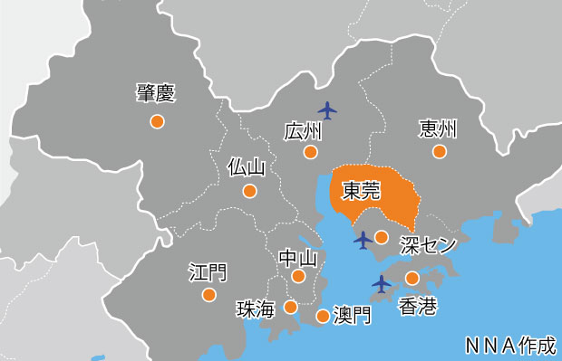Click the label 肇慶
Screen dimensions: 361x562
pyautogui.click(x=156, y=92)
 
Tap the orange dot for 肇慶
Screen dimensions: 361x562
pyautogui.click(x=157, y=120)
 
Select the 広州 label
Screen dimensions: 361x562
pyautogui.click(x=303, y=130)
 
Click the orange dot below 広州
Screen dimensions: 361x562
pyautogui.click(x=312, y=152)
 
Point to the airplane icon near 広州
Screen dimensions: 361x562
pyautogui.click(x=328, y=110)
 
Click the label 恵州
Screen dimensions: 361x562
pyautogui.click(x=438, y=129)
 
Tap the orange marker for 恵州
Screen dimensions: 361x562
pyautogui.click(x=440, y=151)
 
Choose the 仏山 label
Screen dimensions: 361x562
pyautogui.click(x=247, y=167)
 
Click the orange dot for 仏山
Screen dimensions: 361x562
pyautogui.click(x=249, y=191)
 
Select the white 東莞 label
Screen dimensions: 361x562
pyautogui.click(x=361, y=190)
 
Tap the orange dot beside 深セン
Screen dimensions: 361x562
pyautogui.click(x=382, y=238)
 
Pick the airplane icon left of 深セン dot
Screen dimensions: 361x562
pyautogui.click(x=363, y=240)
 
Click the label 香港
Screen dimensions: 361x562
pyautogui.click(x=418, y=307)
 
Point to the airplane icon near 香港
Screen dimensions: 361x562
pyautogui.click(x=382, y=283)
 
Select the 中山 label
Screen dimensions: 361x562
pyautogui.click(x=298, y=258)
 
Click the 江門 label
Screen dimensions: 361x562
pyautogui.click(x=208, y=271)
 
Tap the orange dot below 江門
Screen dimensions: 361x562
pyautogui.click(x=208, y=294)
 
